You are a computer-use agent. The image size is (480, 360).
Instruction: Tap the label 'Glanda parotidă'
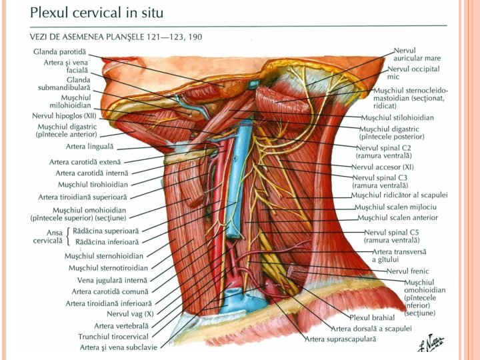coord(60,51)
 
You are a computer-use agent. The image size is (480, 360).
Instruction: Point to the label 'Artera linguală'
coord(90,146)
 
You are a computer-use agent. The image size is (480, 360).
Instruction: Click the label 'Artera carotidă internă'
coord(92,173)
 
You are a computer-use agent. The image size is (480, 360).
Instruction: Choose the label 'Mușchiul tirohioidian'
coord(93,185)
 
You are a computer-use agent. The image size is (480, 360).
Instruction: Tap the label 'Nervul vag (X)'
coord(131,313)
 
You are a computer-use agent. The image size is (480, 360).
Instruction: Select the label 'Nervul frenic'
coord(408,271)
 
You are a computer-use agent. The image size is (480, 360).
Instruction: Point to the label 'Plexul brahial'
coord(372,317)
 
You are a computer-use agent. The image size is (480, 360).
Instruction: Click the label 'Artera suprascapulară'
coord(341,339)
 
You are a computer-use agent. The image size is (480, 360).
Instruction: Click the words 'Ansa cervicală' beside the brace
coord(46,235)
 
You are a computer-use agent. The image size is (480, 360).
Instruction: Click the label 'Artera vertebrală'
coord(123,325)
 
